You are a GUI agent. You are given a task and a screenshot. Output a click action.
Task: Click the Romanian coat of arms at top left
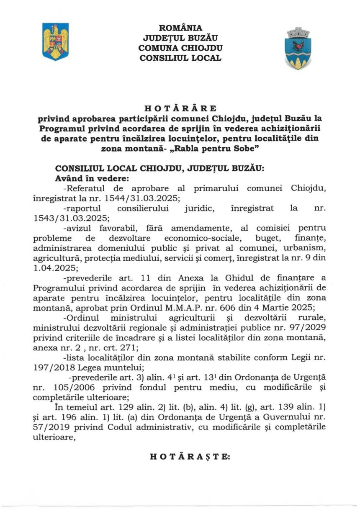(55, 41)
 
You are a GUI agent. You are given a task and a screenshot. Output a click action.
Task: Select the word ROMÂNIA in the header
(180, 28)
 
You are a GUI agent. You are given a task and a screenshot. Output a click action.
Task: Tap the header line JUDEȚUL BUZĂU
(180, 38)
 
